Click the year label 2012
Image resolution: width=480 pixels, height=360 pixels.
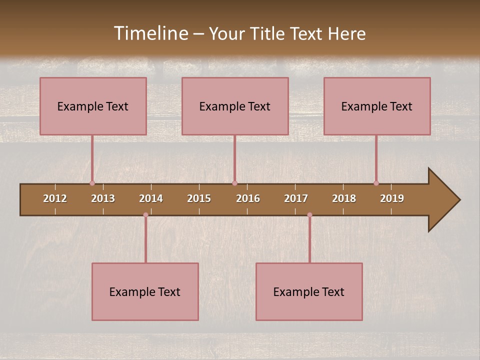[x=55, y=198]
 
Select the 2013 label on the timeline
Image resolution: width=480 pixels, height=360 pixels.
[x=103, y=198]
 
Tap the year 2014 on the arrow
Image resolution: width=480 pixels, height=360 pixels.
[x=151, y=198]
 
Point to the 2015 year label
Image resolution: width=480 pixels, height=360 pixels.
[x=199, y=198]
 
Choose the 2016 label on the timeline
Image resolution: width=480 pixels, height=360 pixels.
[x=248, y=198]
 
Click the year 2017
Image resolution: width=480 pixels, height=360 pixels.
[x=296, y=198]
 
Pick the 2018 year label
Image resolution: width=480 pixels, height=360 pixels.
[x=344, y=198]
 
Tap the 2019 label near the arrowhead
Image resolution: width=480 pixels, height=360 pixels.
[x=392, y=198]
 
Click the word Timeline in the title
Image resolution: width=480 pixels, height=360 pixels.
[x=150, y=33]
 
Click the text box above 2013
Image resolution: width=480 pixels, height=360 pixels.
[x=93, y=106]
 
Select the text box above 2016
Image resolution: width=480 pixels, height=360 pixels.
[x=235, y=106]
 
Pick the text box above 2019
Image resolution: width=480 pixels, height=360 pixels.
[x=377, y=106]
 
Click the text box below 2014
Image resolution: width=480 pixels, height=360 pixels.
[x=145, y=291]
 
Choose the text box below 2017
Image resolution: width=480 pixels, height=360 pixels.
[x=309, y=291]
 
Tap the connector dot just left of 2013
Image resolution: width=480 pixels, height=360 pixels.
[x=92, y=183]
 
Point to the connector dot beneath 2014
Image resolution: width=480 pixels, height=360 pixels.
[x=145, y=215]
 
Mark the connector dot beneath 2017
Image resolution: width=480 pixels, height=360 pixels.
[x=309, y=215]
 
